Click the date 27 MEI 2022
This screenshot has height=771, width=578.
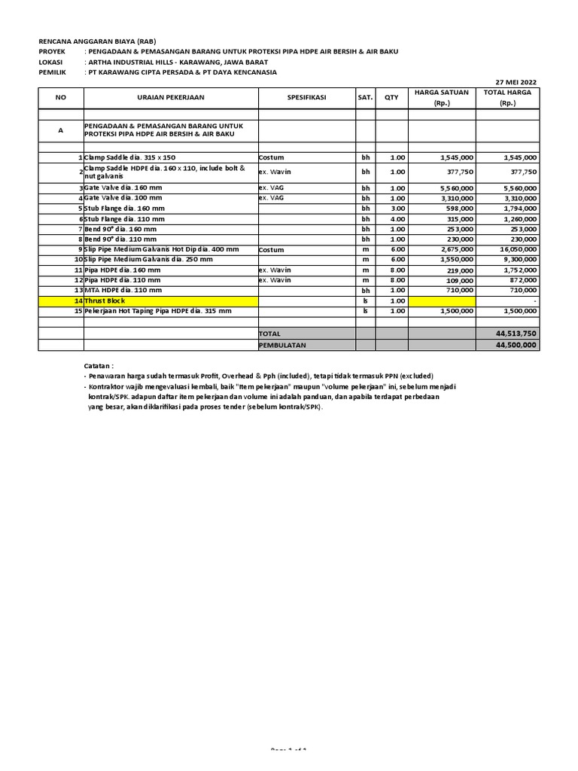click(x=516, y=82)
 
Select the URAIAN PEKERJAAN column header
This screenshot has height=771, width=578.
click(x=171, y=98)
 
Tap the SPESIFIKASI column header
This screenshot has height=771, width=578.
click(x=307, y=98)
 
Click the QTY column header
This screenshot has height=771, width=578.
click(x=391, y=98)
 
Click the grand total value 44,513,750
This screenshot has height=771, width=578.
click(x=516, y=333)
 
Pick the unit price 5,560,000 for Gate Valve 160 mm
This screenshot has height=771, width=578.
click(x=455, y=187)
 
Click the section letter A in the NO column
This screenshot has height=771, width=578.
click(x=61, y=130)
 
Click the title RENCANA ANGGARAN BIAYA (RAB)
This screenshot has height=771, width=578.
click(x=98, y=41)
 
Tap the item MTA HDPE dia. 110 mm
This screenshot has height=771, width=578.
click(x=124, y=290)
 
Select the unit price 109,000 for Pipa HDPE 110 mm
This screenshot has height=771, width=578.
click(x=458, y=280)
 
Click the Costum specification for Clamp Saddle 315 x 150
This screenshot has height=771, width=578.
click(x=270, y=157)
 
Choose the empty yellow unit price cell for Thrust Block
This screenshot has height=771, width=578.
click(x=442, y=300)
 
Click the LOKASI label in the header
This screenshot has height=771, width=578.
click(x=51, y=62)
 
